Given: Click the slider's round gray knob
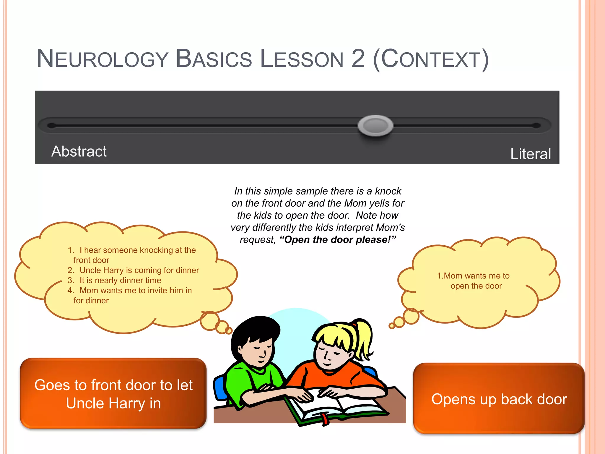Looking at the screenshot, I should point(375,126).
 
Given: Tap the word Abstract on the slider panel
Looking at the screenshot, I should point(79,151).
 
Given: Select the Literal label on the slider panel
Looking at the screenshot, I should point(531,154).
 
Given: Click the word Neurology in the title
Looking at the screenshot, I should point(102,59).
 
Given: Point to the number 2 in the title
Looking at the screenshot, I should point(358,59).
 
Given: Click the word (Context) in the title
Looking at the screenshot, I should point(431,59).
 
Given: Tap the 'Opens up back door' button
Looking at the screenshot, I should point(499,399).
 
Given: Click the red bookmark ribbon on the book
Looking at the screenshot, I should point(325,419).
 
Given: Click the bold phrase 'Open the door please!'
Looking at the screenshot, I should point(338,239).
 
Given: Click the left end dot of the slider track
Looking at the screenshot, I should point(52,126).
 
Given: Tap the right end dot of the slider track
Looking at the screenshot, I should point(536,126).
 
